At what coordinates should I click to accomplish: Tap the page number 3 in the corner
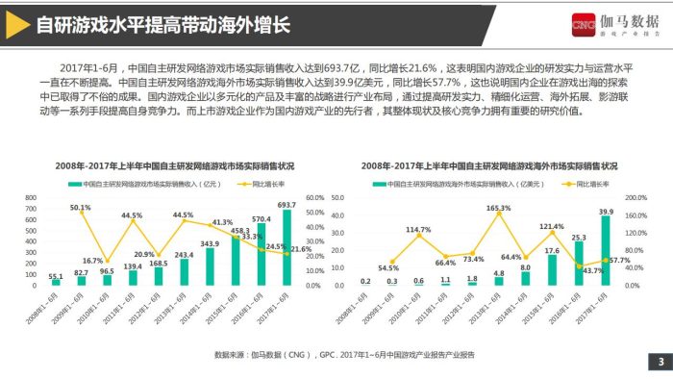pyautogui.click(x=660, y=362)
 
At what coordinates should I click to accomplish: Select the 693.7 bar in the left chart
pyautogui.click(x=287, y=248)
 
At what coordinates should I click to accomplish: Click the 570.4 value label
pyautogui.click(x=262, y=218)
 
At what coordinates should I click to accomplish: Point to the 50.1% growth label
pyautogui.click(x=81, y=207)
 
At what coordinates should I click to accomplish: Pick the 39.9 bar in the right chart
pyautogui.click(x=606, y=252)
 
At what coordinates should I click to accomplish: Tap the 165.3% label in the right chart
pyautogui.click(x=498, y=208)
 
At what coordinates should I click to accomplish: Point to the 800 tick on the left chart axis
pyautogui.click(x=31, y=198)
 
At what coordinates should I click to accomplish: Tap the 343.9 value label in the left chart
pyautogui.click(x=210, y=243)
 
